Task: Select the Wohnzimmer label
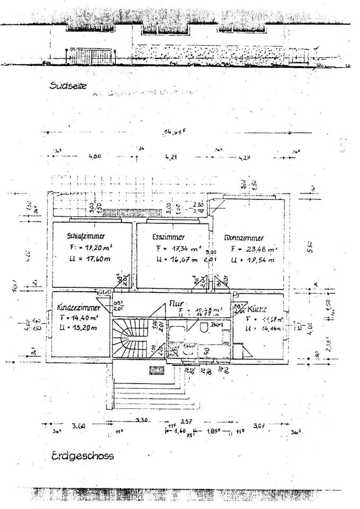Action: coord(244,238)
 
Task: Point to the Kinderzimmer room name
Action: coord(79,308)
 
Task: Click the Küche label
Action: coord(257,309)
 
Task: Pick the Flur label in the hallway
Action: coord(175,304)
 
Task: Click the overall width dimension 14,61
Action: coord(174,132)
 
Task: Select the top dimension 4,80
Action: coord(94,157)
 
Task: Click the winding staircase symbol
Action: coord(127,339)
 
